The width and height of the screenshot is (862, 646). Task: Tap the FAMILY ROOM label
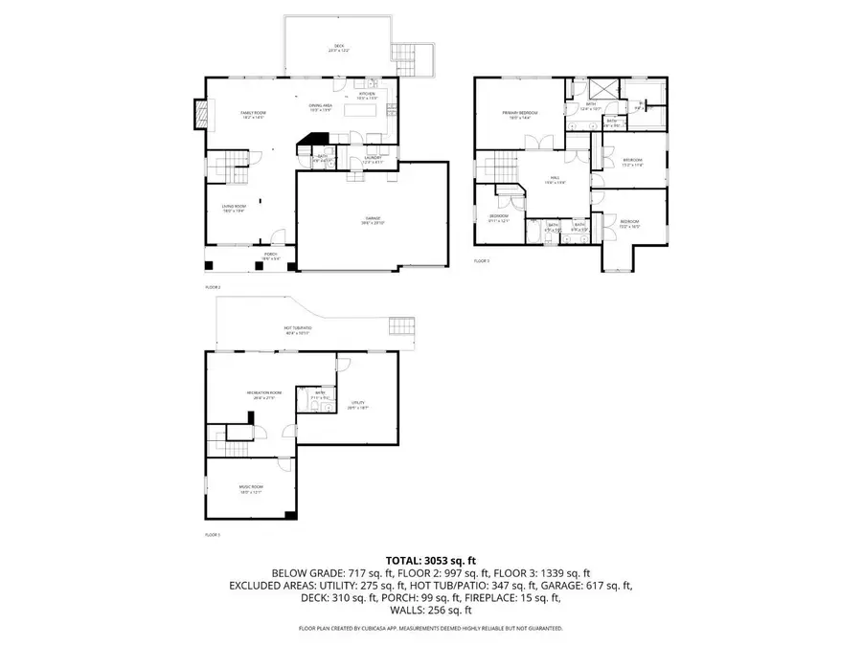coord(253,114)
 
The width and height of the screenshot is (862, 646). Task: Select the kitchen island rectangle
coord(364,108)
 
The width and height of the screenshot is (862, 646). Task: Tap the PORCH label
coord(271,256)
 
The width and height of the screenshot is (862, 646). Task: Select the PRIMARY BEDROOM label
coord(520,113)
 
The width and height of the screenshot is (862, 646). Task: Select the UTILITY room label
coord(359,403)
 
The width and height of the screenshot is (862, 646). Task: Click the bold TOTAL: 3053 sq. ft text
coord(430,559)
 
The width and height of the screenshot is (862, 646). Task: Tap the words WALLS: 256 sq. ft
coord(430,610)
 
